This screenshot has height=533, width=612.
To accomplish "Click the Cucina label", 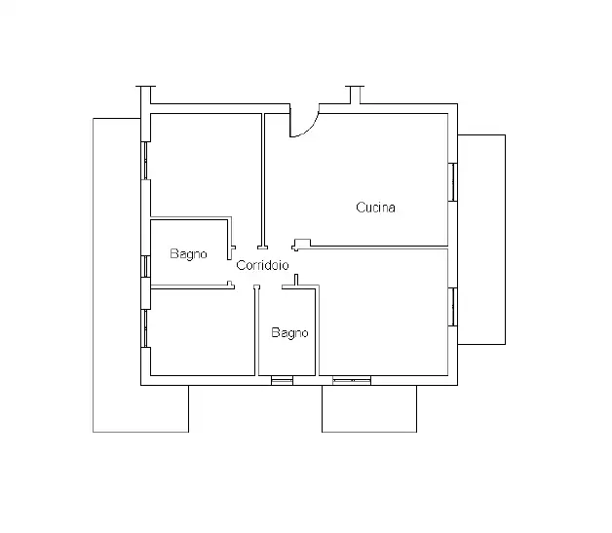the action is (x=375, y=208).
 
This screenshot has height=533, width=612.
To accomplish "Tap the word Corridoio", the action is (x=262, y=265).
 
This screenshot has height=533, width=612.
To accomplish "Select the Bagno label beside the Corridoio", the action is (x=188, y=254).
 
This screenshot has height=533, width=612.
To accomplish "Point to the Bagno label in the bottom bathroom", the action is (x=289, y=333).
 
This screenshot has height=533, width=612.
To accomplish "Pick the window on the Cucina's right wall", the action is (x=453, y=182).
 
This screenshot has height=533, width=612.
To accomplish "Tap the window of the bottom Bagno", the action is (x=282, y=380).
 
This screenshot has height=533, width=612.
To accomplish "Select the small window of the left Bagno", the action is (x=145, y=267).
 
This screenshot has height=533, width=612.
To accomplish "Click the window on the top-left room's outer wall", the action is (x=145, y=161).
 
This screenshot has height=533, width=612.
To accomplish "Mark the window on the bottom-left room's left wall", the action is (x=145, y=328).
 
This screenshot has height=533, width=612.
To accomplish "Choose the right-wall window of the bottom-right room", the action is (x=453, y=307).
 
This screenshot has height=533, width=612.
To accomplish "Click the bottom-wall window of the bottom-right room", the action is (x=352, y=380).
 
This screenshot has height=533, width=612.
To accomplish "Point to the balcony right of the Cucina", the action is (x=481, y=240).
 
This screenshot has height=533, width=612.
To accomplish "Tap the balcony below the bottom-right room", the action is (x=369, y=409).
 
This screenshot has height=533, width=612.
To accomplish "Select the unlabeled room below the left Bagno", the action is (x=203, y=332).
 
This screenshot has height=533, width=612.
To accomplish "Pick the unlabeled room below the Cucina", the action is (x=383, y=312).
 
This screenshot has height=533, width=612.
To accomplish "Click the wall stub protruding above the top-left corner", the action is (x=145, y=95).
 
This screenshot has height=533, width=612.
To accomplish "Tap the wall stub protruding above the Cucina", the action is (x=355, y=95).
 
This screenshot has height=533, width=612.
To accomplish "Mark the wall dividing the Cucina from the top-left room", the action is (x=263, y=180).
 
